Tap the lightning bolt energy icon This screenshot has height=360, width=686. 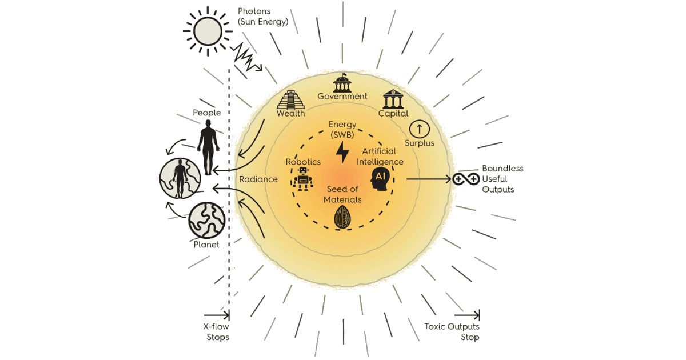coord(342,153)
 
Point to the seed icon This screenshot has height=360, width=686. coord(342,217)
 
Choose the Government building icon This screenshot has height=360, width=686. coord(342,83)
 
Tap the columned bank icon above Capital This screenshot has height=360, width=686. coord(393,98)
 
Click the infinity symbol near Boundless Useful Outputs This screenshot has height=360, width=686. coord(466,179)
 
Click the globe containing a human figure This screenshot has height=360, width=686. coord(181,178)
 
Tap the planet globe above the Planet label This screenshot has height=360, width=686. coord(206,220)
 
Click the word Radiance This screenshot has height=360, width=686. coord(258,179)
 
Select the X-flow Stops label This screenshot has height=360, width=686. coord(217,332)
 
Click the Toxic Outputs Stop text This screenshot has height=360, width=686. coord(452,332)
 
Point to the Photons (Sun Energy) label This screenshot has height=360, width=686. coord(262,17)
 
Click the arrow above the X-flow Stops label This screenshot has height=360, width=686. coord(217,315)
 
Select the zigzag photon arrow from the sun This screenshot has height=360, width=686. coord(246,56)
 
